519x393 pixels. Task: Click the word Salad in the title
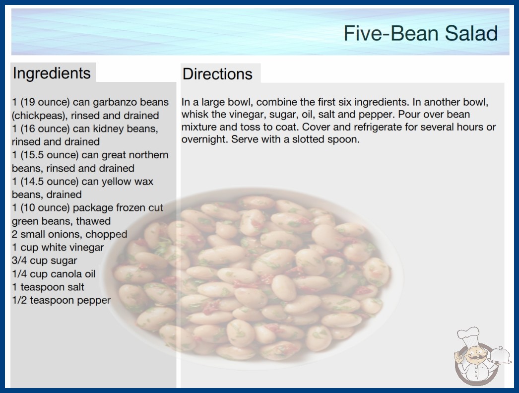[x=471, y=33]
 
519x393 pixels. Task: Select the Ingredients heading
[x=52, y=73]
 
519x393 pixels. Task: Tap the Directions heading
[x=217, y=74]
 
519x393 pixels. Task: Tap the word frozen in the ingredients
[x=126, y=207]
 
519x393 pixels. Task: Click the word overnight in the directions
[x=203, y=139]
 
